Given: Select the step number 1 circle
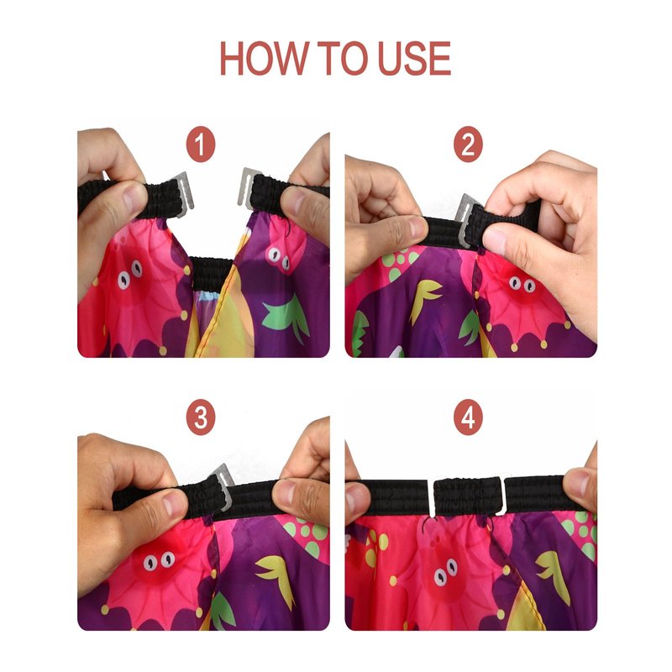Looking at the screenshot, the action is point(201,144).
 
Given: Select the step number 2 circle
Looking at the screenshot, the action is point(468,144).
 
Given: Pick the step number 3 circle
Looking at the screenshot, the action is point(201,417).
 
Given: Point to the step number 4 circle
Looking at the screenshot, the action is point(468,417).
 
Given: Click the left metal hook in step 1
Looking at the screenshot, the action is point(183,195).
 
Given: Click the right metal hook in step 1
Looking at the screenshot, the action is point(247,187).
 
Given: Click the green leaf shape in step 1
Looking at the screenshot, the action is point(286,318).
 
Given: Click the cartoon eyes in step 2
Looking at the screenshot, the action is point(522,284).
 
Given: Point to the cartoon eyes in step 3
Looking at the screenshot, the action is point(159,560).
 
